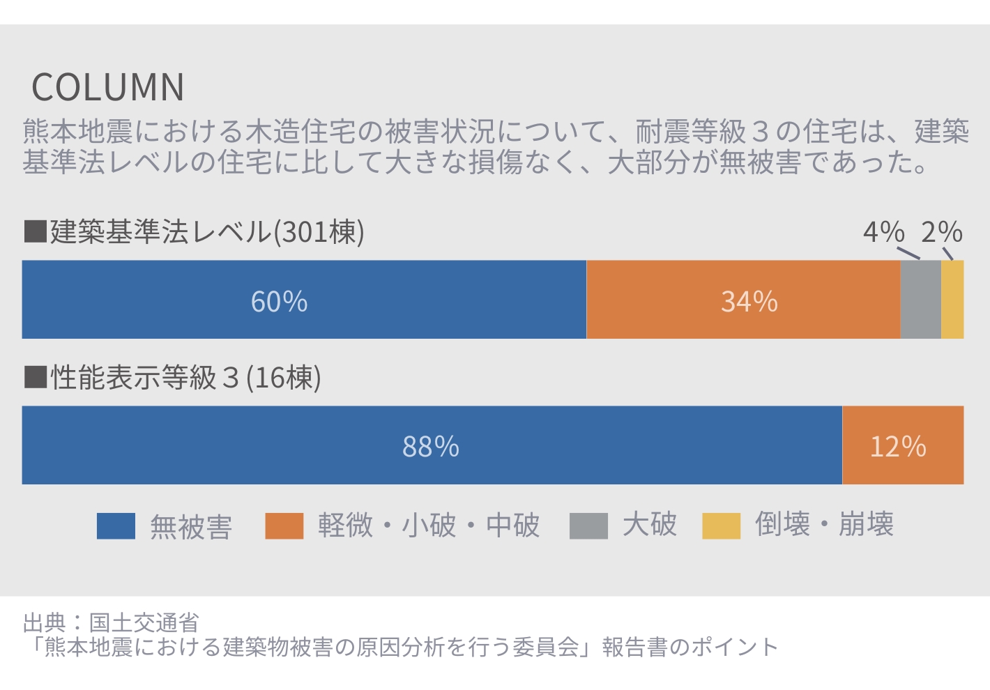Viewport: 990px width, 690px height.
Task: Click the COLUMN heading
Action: coord(108,87)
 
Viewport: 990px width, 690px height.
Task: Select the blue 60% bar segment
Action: coord(304,300)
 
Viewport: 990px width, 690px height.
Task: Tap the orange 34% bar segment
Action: coord(743,300)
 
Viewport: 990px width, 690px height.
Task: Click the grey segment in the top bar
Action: coord(920,300)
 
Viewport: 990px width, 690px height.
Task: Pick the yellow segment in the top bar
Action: coord(952,300)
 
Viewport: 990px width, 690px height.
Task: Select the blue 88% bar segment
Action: coord(432,445)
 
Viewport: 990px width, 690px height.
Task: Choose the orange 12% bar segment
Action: coord(903,445)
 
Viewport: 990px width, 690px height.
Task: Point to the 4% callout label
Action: coord(883,232)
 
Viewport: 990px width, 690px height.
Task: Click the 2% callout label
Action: coord(941,232)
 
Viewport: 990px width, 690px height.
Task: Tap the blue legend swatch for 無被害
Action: coord(116,526)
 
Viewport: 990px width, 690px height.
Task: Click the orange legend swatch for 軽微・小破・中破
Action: coord(284,526)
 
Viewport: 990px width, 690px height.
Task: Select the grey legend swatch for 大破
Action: coord(588,526)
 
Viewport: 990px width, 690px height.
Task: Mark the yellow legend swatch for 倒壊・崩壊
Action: coord(721,526)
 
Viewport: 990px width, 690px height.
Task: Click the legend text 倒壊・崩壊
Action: coord(824,525)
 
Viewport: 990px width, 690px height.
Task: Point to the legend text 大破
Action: coord(650,525)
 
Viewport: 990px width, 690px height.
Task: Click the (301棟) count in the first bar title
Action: coord(319,232)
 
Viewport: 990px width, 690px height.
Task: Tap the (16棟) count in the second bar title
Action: coord(284,378)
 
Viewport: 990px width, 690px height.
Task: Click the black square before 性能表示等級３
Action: coord(35,377)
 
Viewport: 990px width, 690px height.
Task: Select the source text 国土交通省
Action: coord(144,622)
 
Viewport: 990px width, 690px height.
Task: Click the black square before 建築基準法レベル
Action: coord(35,231)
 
